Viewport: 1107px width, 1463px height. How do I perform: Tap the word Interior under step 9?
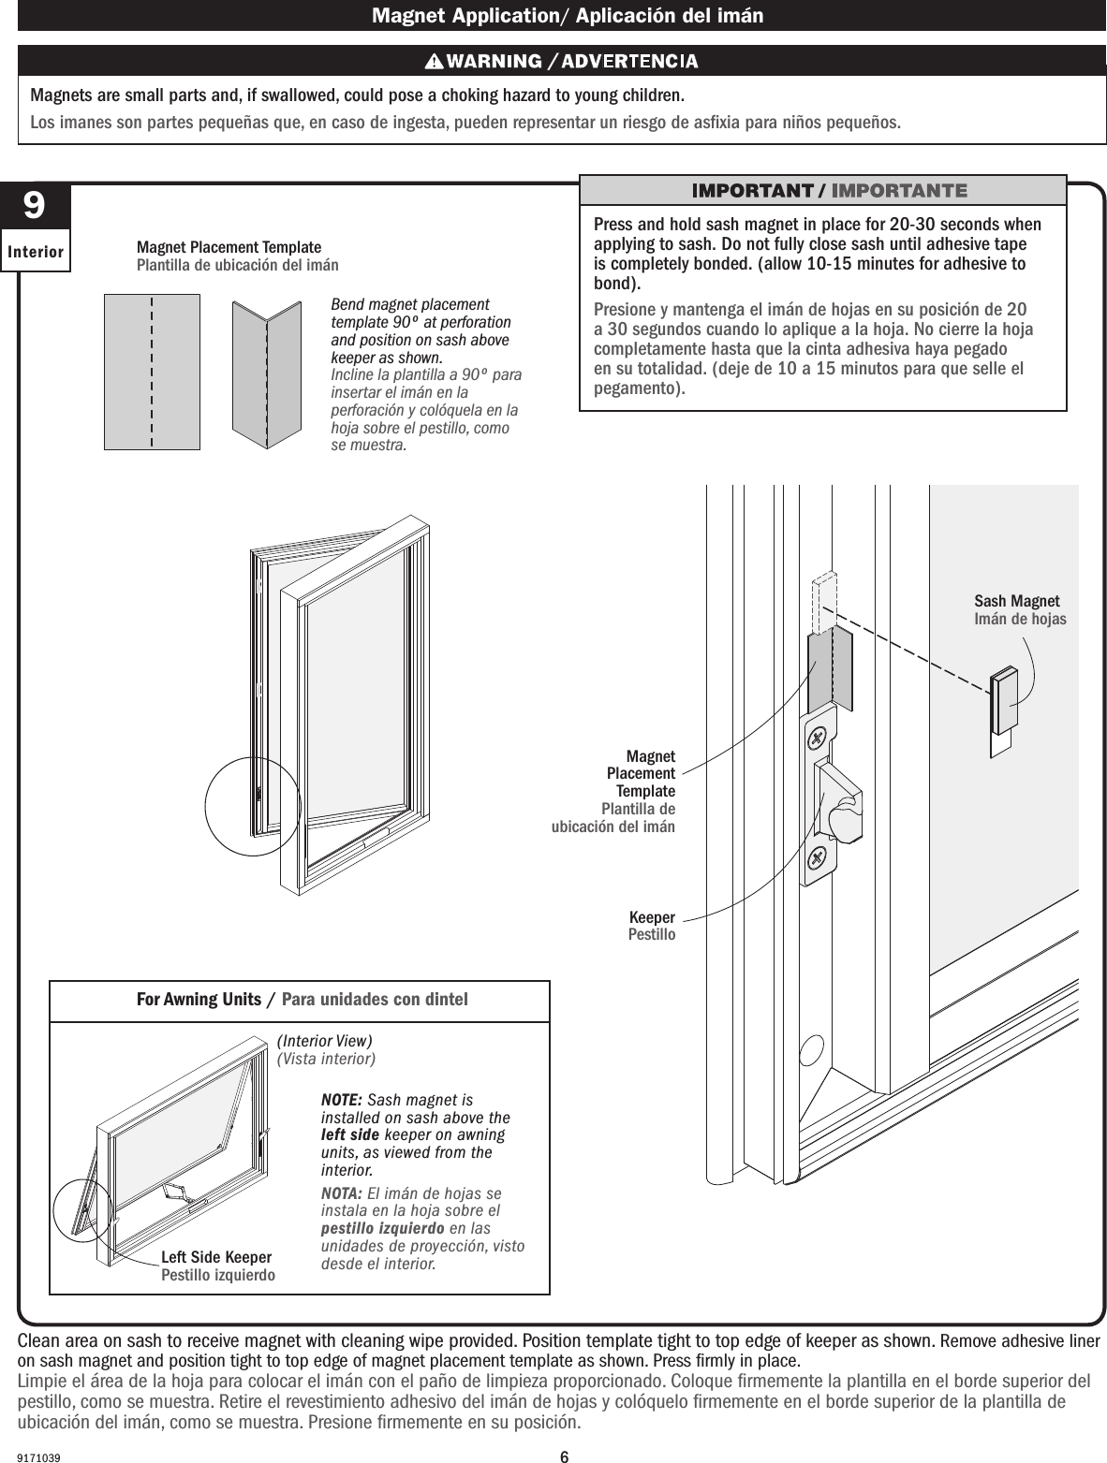(36, 252)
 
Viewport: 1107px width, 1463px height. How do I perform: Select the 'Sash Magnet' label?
(1016, 601)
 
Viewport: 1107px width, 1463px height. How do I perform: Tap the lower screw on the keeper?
(818, 856)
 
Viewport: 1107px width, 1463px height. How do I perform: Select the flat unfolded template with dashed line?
(152, 372)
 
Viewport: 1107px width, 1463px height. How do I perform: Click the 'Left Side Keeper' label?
(216, 1257)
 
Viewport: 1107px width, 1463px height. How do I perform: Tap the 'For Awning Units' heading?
(199, 1000)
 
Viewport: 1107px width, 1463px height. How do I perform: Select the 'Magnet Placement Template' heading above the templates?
(229, 247)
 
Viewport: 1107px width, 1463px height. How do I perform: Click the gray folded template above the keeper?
(829, 667)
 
